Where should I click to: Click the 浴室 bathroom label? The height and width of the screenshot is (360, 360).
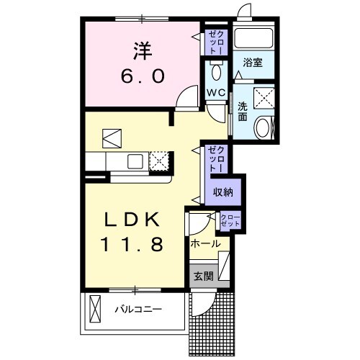tap(252, 63)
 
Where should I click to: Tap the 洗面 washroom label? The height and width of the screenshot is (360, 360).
tap(243, 112)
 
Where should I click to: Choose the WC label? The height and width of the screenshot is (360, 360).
tap(217, 93)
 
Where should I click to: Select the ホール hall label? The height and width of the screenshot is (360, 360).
tap(205, 245)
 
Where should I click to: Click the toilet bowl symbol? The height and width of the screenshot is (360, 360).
tap(217, 72)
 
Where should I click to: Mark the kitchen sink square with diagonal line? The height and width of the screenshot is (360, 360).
tap(113, 137)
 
